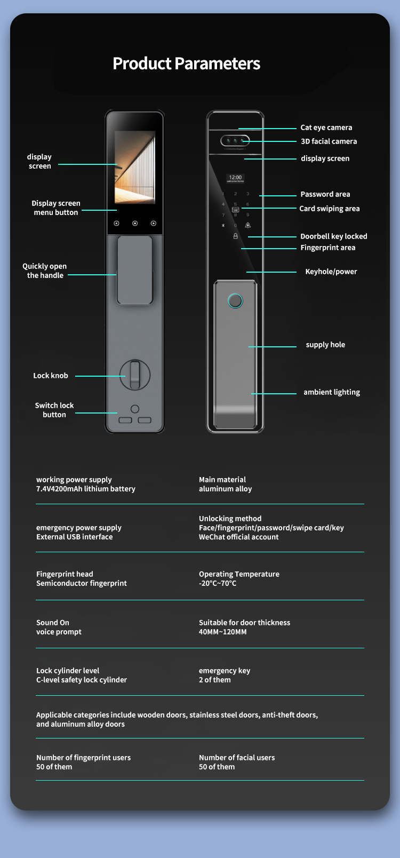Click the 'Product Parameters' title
pos(186,63)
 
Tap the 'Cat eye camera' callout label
pos(326,128)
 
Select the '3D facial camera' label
pos(329,141)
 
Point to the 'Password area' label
pos(325,194)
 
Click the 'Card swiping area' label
pos(329,209)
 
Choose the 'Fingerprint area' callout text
pos(327,248)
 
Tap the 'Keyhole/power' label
pos(331,272)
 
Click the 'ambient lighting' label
pos(331,392)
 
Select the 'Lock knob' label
pos(51,376)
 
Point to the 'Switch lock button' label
pos(54,410)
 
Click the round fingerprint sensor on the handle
pos(235,301)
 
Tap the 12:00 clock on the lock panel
pos(235,178)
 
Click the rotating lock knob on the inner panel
pos(135,375)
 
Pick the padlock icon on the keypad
pos(235,236)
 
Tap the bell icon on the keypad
pos(247,225)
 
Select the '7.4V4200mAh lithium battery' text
pos(86,489)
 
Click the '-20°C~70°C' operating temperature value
pos(218,583)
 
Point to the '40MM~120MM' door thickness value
pos(222,632)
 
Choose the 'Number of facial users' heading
pos(237,758)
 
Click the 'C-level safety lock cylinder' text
pos(82,680)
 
